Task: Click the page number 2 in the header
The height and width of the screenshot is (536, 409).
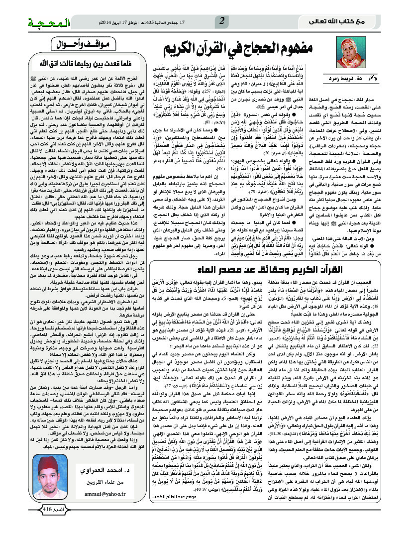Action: (x=222, y=20)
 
